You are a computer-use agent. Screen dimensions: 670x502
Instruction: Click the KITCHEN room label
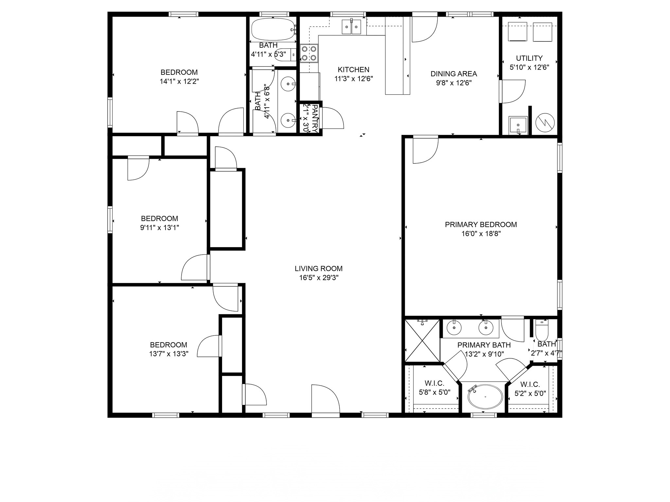[x=353, y=70]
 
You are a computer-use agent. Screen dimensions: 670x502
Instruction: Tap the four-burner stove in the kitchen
[x=309, y=53]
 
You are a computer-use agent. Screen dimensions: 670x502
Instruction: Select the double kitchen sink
[x=351, y=26]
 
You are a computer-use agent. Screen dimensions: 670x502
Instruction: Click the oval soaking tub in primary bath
[x=485, y=396]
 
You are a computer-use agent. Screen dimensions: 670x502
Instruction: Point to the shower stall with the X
[x=422, y=341]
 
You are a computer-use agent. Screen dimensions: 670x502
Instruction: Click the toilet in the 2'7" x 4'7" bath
[x=542, y=330]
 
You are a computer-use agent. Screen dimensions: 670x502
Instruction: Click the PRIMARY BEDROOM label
[x=481, y=225]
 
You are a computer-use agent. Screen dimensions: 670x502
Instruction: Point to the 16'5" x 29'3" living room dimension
[x=319, y=278]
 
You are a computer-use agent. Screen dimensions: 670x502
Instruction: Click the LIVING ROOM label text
[x=319, y=269]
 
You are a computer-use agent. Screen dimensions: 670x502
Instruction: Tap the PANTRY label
[x=315, y=118]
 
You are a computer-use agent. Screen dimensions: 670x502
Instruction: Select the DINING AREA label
[x=454, y=74]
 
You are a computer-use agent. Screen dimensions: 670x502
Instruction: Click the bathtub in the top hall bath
[x=273, y=29]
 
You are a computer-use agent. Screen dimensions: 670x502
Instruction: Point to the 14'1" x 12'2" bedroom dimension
[x=179, y=81]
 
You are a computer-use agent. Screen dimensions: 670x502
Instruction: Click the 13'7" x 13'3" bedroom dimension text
[x=169, y=354]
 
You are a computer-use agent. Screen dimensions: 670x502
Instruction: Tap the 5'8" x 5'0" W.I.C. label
[x=435, y=392]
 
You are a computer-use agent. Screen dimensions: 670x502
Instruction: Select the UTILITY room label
[x=529, y=58]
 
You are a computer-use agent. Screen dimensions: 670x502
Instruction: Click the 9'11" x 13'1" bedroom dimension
[x=160, y=227]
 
